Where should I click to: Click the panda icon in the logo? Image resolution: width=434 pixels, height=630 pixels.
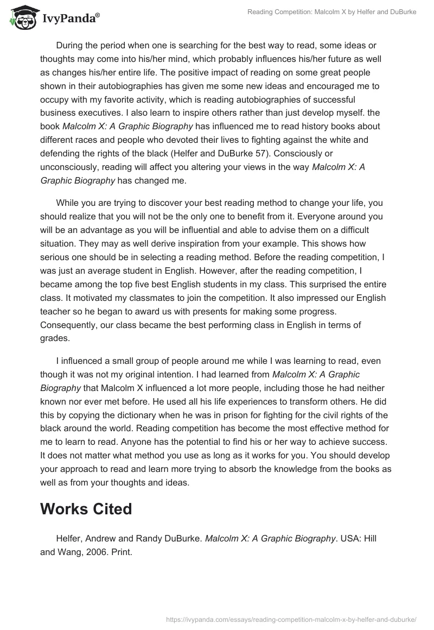21,17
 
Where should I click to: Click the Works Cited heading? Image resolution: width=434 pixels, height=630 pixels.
86,509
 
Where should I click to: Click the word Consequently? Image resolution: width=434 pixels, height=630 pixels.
68,325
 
